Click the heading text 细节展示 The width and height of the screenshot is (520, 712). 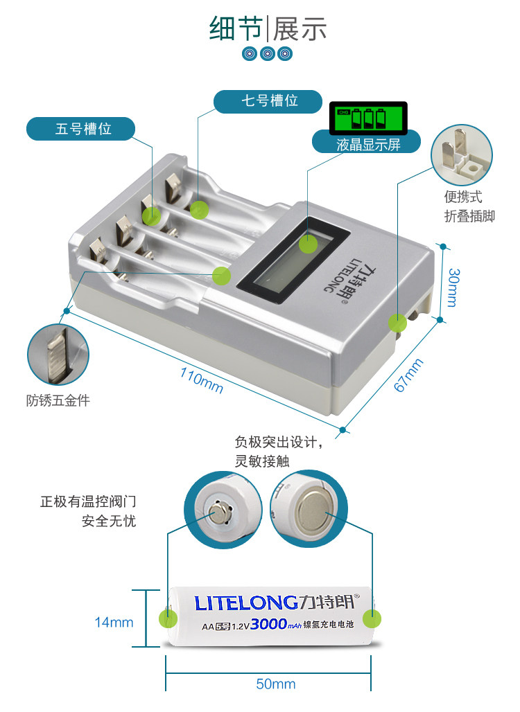[268, 29]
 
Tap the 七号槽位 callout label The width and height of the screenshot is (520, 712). [268, 101]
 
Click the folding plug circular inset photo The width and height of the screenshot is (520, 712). [462, 156]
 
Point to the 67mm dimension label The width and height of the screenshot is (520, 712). [408, 374]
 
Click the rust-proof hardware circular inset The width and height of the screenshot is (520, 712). [58, 355]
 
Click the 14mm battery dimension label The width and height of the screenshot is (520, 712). [114, 623]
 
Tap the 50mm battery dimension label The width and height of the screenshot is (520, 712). [275, 684]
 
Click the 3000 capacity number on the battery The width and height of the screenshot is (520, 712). [268, 624]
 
